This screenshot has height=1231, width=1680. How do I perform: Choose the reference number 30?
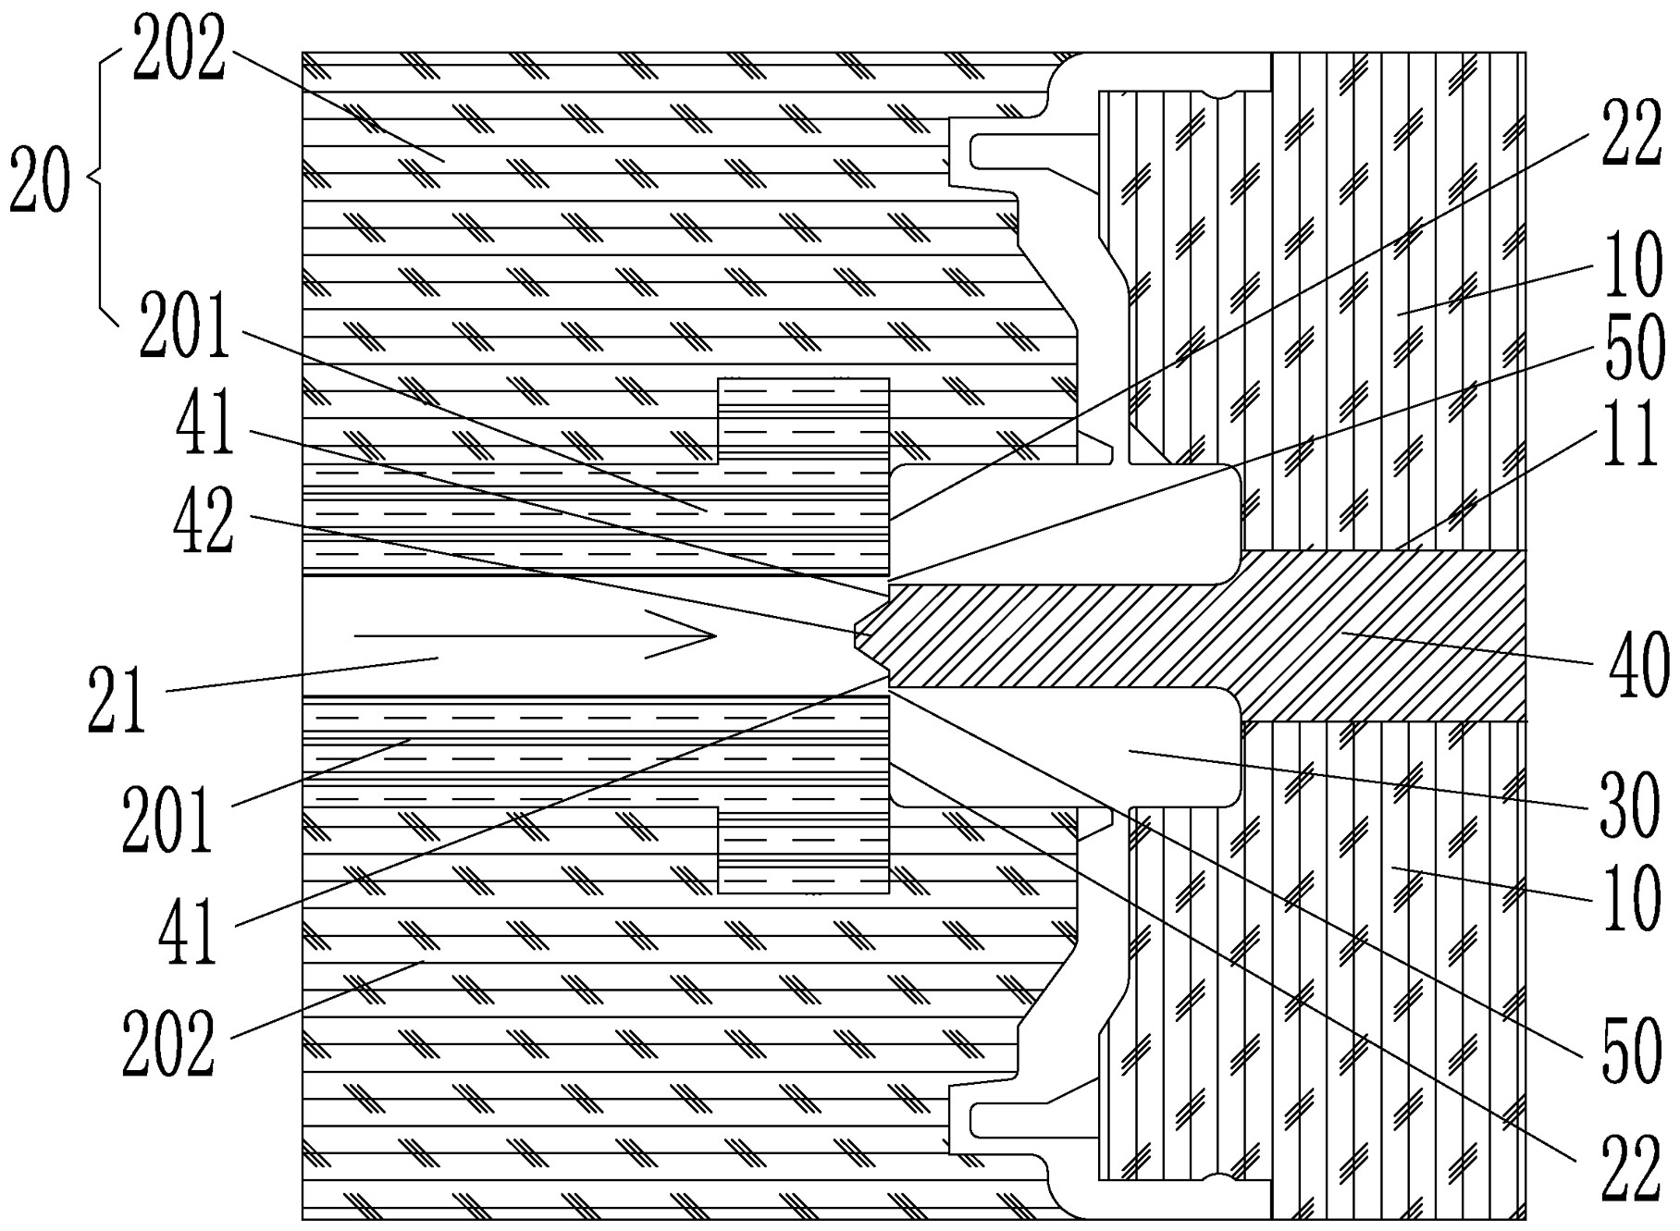tap(1634, 806)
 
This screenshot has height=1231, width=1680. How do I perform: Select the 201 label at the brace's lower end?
tap(183, 332)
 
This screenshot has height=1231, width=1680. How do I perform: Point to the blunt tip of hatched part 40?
tap(859, 636)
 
